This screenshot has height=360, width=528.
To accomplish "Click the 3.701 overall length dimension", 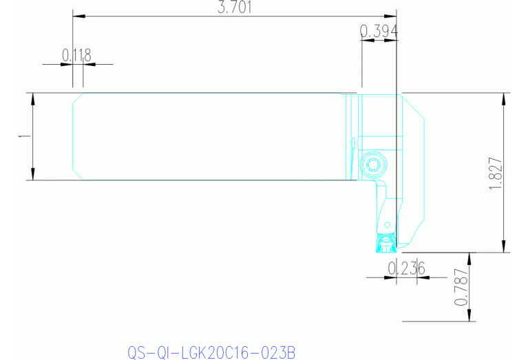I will [x=234, y=8].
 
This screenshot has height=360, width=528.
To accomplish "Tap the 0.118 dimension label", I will [x=76, y=55].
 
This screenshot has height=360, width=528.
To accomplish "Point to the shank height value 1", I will [x=23, y=136].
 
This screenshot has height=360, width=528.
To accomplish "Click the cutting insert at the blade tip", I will [x=383, y=242].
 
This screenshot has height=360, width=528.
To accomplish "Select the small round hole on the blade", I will [x=388, y=224].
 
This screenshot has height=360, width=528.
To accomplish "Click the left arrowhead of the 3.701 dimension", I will [x=76, y=16].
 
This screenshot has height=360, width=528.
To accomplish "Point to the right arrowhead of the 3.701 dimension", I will [x=393, y=16].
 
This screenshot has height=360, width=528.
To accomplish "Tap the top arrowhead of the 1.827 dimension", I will [x=506, y=97].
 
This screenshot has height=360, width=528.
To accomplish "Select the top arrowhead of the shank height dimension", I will [x=33, y=97].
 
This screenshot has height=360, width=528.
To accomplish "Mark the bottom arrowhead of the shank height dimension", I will [x=33, y=176].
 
